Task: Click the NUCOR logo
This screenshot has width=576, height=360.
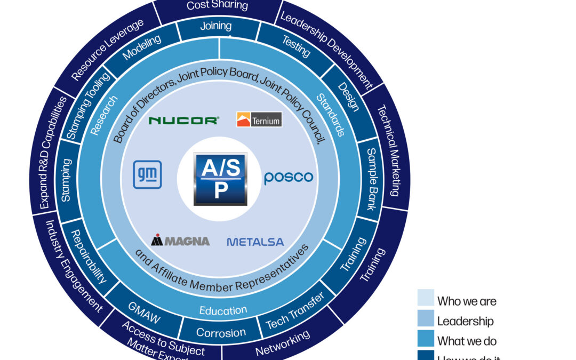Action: pos(183,121)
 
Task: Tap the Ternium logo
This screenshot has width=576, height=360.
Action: pos(259,119)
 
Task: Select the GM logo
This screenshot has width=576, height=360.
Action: pos(147,175)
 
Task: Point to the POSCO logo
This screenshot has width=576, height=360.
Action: pos(289,178)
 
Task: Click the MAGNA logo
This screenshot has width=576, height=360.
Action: pos(180,241)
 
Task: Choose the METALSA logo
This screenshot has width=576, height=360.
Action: pos(255,242)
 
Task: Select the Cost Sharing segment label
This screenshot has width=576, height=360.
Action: pos(217,6)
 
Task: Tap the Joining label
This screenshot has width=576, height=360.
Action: pos(215,26)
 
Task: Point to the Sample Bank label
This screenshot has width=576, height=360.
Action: pos(375,179)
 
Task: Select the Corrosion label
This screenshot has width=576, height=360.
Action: pos(221,333)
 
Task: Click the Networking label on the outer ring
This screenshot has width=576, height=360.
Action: pos(282,343)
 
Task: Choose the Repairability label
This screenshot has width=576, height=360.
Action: pos(89,256)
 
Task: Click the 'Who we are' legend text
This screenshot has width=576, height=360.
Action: pos(467,301)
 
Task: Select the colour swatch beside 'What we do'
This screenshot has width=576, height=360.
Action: pos(425,340)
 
